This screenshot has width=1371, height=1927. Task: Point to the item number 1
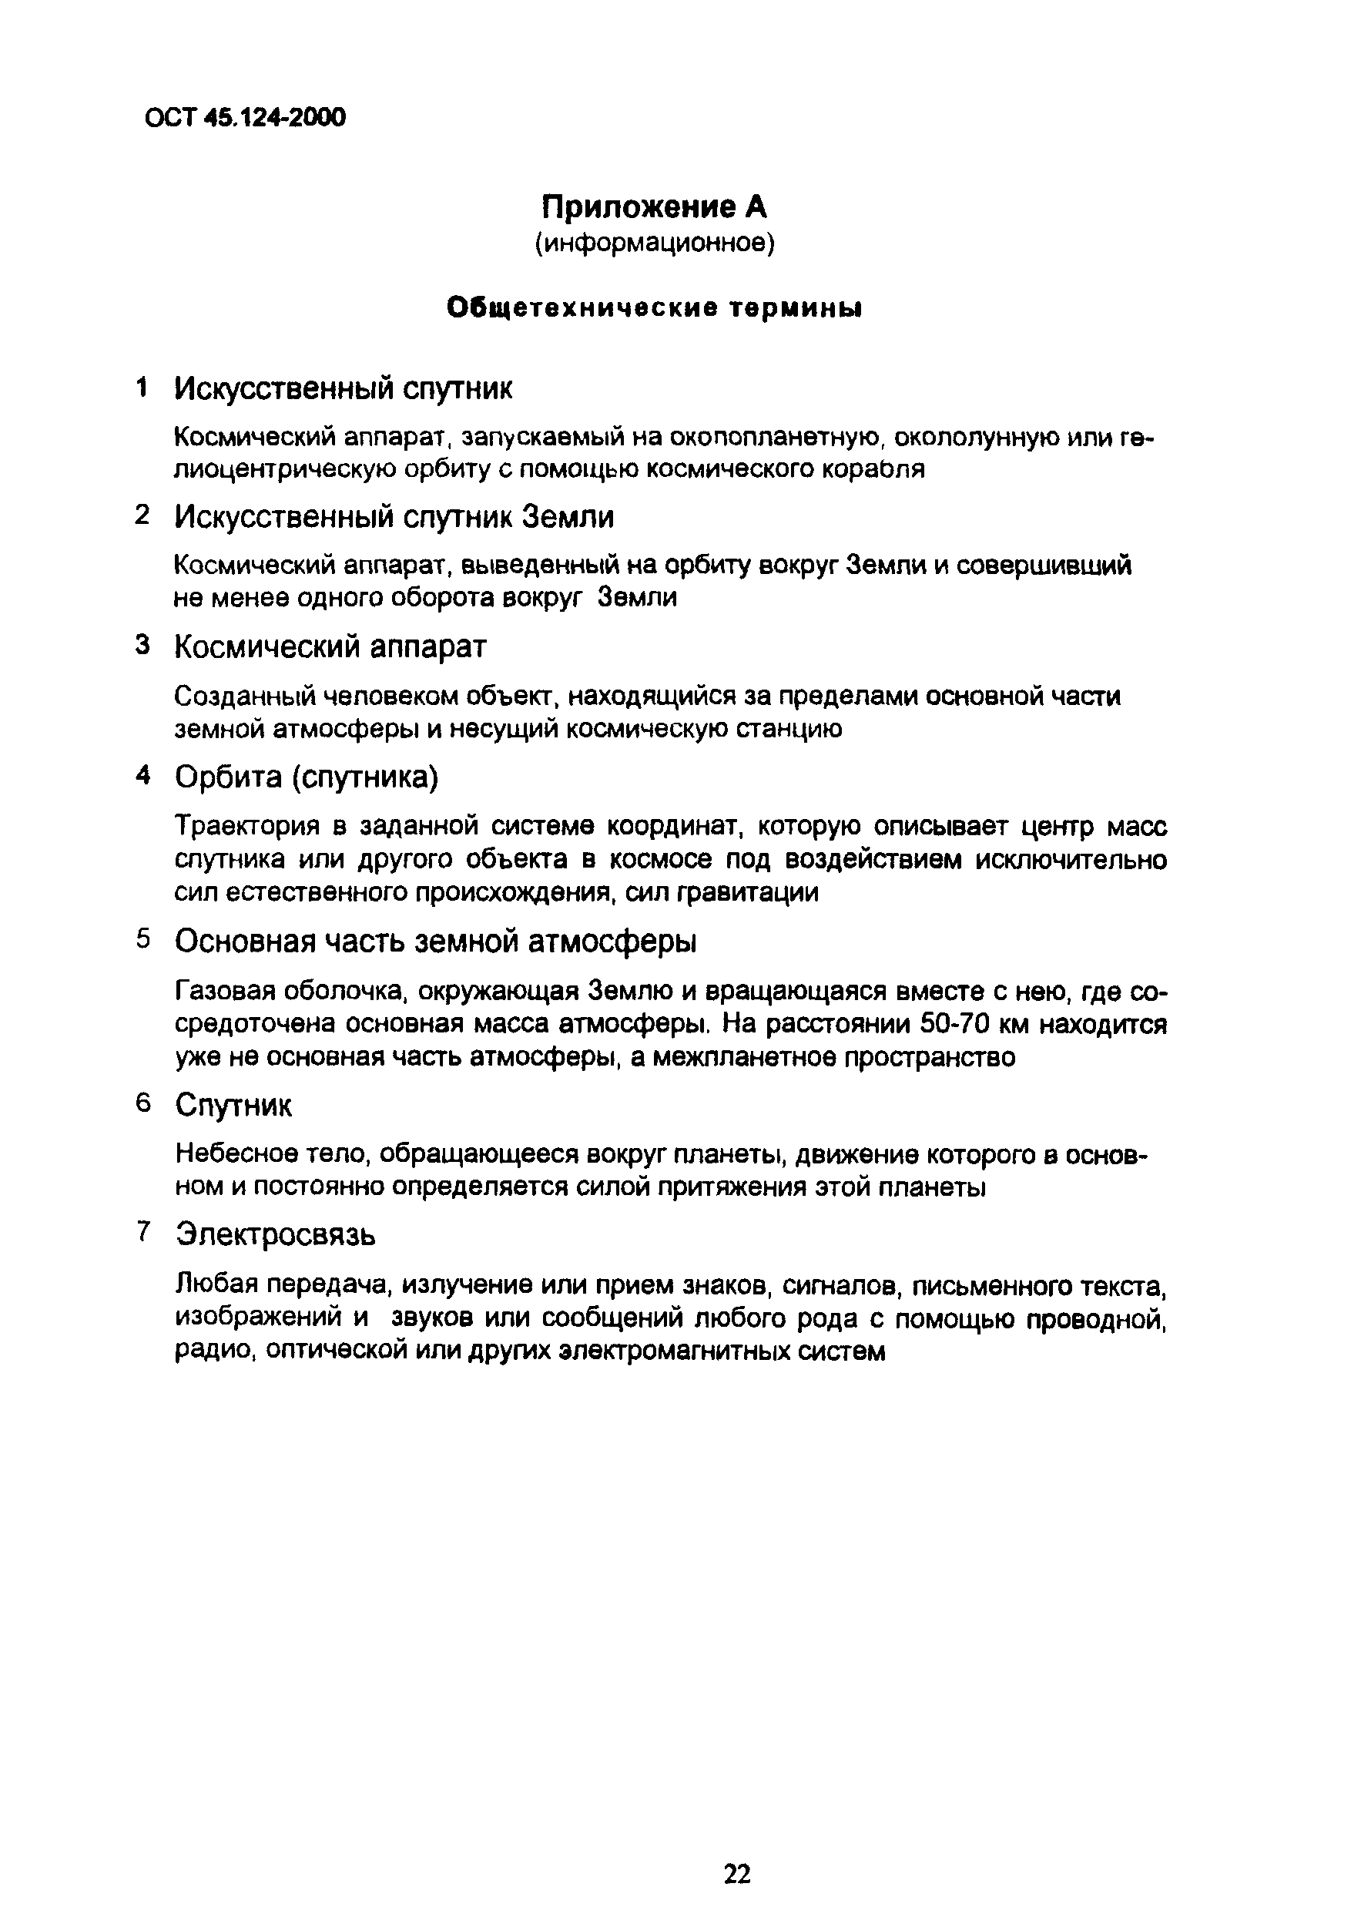point(142,388)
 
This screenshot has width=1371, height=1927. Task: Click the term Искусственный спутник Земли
point(394,517)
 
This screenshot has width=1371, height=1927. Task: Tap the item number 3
point(142,645)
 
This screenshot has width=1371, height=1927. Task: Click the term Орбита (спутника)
point(307,777)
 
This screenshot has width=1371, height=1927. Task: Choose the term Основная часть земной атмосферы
point(436,941)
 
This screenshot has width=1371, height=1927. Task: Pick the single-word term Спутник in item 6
point(234,1106)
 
